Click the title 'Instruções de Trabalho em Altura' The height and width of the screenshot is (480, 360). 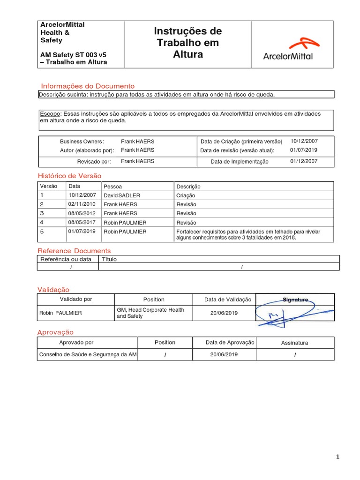187,43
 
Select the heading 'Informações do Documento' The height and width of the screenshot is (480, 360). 88,86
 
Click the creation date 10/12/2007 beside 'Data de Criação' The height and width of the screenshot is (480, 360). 304,141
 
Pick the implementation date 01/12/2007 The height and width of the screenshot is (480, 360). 304,161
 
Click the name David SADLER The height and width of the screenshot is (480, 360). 122,195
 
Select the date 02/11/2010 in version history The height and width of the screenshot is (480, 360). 82,204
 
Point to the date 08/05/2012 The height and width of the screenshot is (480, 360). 82,213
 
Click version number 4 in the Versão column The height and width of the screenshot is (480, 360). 42,222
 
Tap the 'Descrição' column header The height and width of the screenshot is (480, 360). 188,187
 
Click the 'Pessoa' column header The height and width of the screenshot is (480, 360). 112,187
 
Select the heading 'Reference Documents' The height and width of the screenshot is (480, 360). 74,251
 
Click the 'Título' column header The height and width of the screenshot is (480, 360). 109,259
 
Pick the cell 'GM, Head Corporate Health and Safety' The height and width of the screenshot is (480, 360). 150,313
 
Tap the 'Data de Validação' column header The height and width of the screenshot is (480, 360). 228,300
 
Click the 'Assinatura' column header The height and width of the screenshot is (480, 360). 294,343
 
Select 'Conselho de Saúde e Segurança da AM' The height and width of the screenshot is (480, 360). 88,355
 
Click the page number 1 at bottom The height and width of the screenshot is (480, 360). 337,457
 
